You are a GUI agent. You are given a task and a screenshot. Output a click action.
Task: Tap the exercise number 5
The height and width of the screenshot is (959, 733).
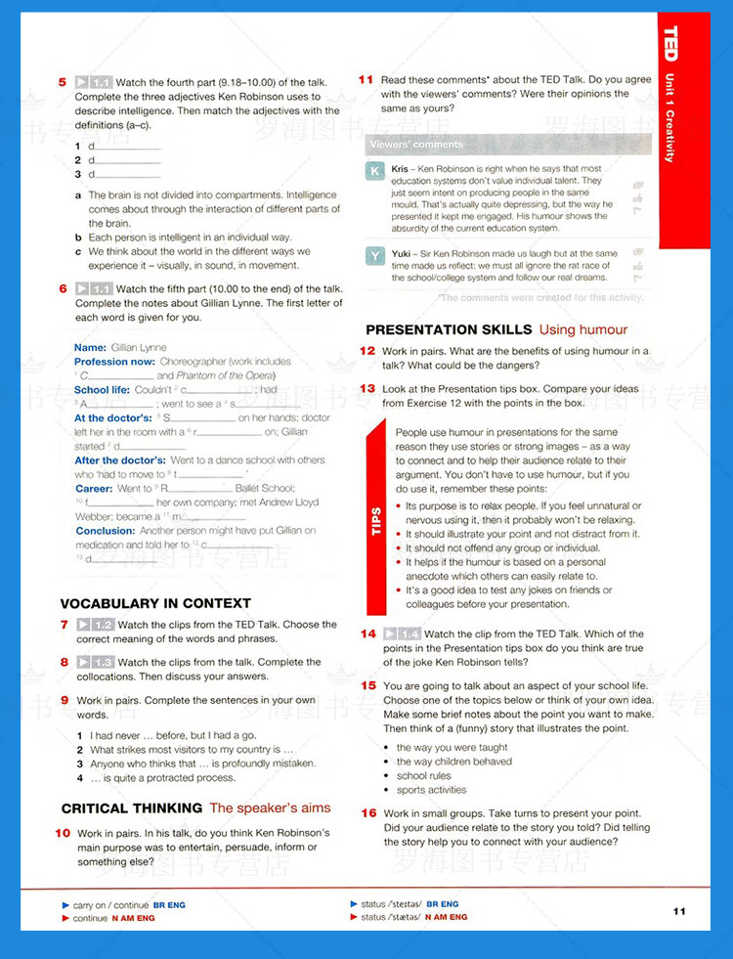(x=63, y=82)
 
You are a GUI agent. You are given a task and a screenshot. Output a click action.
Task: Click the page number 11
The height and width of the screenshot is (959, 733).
(x=679, y=911)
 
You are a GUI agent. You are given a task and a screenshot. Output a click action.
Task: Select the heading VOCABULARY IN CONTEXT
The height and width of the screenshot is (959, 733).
(x=155, y=603)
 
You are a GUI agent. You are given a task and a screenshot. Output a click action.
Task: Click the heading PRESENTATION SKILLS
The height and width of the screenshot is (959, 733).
(x=449, y=329)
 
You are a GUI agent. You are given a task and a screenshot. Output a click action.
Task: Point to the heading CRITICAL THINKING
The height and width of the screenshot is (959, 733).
(x=132, y=808)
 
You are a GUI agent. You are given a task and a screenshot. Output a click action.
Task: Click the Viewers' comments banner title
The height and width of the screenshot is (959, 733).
(x=415, y=145)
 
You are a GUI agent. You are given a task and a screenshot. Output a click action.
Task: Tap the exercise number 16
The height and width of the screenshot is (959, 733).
(x=368, y=812)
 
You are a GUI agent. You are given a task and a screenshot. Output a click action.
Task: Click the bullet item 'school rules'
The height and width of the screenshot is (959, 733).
(x=423, y=775)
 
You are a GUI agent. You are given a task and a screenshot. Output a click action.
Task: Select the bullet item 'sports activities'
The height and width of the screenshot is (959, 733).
(x=431, y=790)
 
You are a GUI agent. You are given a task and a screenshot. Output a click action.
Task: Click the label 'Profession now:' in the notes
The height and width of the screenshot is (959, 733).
(x=114, y=362)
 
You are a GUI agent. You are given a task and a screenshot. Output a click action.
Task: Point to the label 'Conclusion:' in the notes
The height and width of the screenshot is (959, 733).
(x=105, y=531)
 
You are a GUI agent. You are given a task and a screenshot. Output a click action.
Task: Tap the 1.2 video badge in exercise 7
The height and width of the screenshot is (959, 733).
(x=96, y=625)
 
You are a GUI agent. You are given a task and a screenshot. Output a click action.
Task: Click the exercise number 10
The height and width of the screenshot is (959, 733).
(x=63, y=833)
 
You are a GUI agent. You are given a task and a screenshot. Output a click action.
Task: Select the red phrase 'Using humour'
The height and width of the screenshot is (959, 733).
(x=583, y=329)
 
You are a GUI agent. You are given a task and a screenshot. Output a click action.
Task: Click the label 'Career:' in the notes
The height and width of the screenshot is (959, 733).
(x=94, y=488)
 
